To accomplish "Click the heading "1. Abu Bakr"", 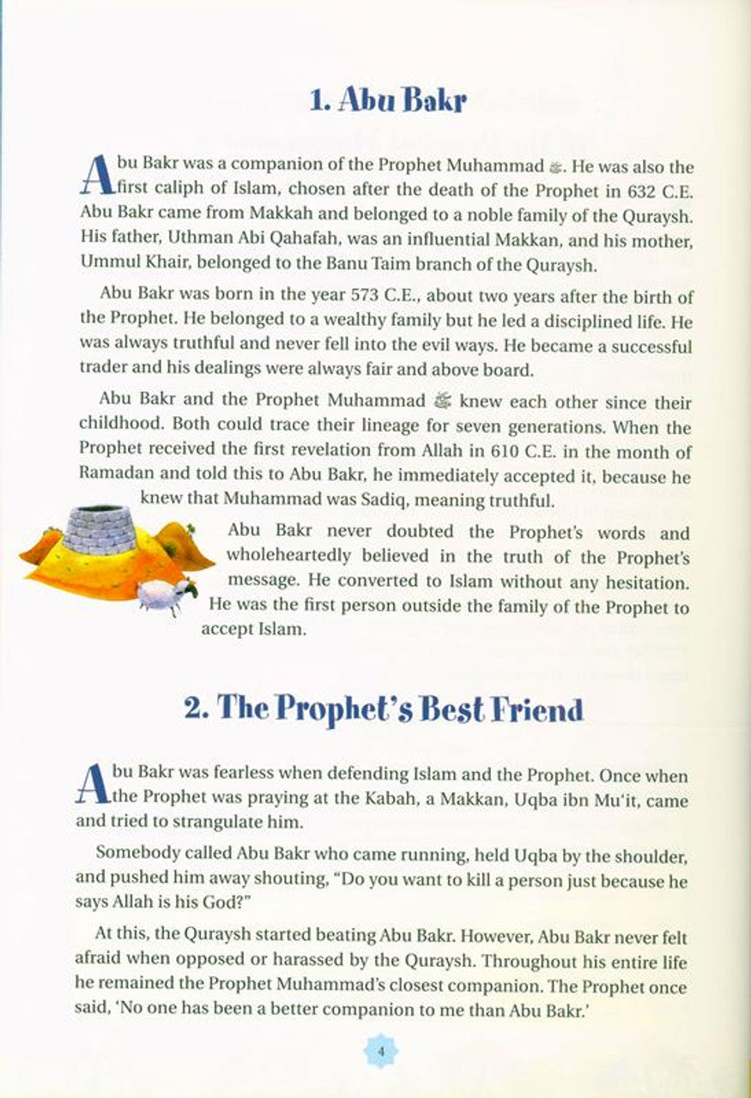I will click(x=388, y=101).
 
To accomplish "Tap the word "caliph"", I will click(x=156, y=190).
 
